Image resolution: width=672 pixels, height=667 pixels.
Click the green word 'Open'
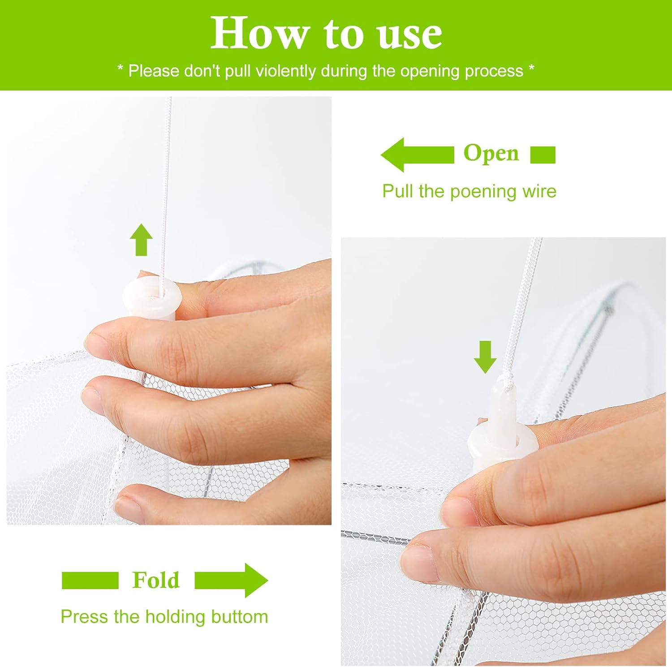491,153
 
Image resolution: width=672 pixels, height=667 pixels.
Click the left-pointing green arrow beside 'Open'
417,155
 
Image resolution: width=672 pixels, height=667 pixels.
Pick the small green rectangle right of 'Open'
543,155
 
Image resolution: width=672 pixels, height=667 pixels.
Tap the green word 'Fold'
155,580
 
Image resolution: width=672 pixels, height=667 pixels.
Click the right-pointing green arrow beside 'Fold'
231,580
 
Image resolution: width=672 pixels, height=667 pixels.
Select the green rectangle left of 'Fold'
90,580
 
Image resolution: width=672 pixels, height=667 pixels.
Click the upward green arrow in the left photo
141,240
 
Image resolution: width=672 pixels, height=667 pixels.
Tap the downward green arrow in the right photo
485,357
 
